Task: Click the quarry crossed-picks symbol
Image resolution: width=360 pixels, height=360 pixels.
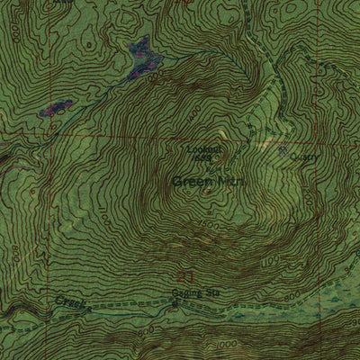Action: pyautogui.click(x=283, y=152)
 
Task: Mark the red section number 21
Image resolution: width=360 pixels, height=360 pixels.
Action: pyautogui.click(x=186, y=274)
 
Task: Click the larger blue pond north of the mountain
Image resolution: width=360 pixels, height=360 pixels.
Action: pyautogui.click(x=142, y=56)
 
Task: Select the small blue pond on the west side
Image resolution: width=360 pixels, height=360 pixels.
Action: pyautogui.click(x=56, y=107)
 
